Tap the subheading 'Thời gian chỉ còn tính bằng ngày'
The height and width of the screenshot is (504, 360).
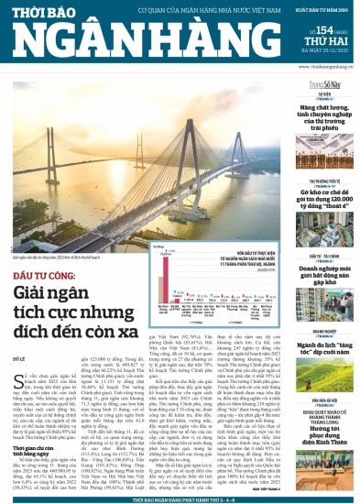point(38,453)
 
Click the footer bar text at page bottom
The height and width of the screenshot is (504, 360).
point(180,499)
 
